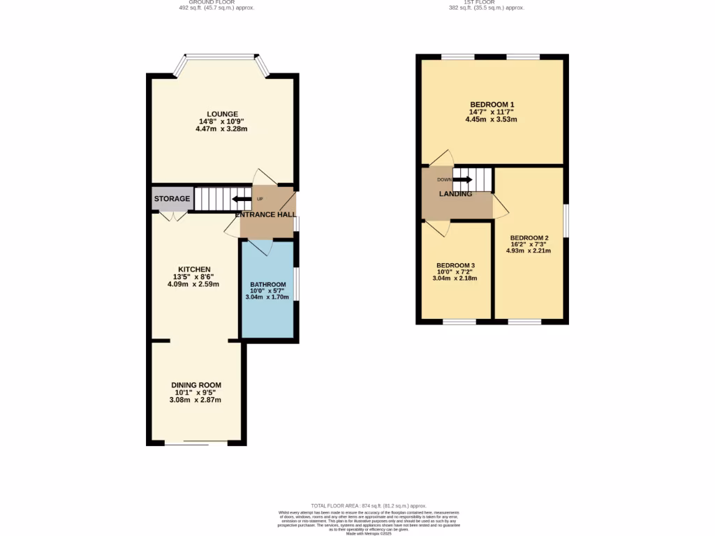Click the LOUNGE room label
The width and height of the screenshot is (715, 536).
[222, 114]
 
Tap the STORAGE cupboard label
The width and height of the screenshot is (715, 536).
[172, 199]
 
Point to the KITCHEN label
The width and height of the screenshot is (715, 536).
[194, 269]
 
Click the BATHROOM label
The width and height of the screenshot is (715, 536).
[268, 285]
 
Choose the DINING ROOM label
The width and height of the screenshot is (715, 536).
[196, 385]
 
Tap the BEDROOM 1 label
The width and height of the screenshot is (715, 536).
[492, 105]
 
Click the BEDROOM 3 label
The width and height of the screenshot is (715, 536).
[455, 266]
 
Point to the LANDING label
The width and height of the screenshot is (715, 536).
[455, 194]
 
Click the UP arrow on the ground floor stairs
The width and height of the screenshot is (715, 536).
[243, 199]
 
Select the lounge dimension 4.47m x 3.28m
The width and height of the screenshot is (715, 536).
[222, 129]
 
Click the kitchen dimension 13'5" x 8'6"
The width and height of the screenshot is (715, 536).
[194, 277]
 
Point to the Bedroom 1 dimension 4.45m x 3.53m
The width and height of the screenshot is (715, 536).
[492, 119]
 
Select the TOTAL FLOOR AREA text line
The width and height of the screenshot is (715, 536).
[368, 506]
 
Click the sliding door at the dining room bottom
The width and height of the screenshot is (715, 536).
[196, 442]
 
